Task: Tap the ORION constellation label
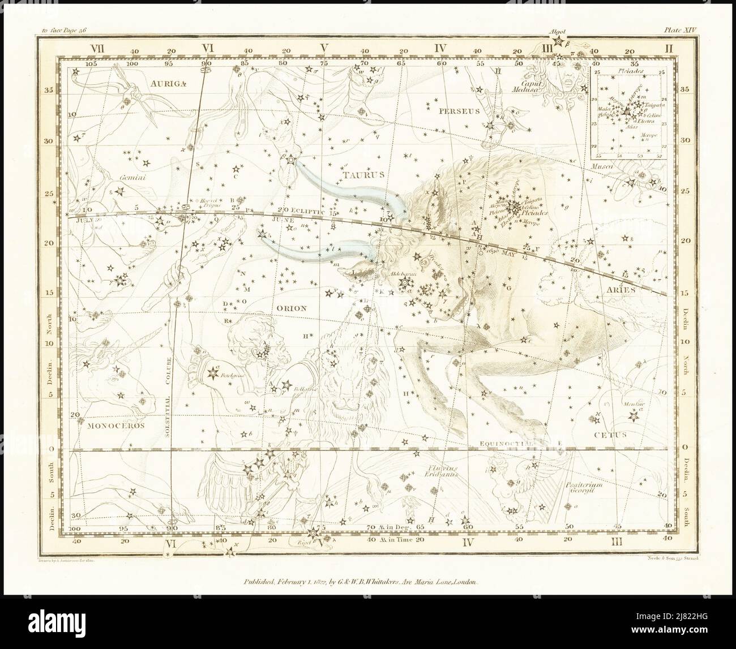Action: (292, 308)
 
